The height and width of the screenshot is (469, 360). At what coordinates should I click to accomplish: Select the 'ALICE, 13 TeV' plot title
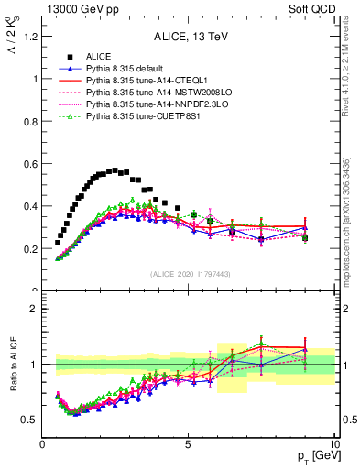point(188,38)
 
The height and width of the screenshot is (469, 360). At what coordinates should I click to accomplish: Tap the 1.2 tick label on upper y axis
point(28,37)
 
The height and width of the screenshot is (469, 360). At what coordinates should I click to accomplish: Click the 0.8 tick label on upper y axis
point(28,122)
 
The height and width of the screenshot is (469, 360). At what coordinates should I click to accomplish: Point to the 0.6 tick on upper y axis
point(28,164)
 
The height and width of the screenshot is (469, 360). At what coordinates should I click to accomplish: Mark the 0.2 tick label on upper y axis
point(28,249)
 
